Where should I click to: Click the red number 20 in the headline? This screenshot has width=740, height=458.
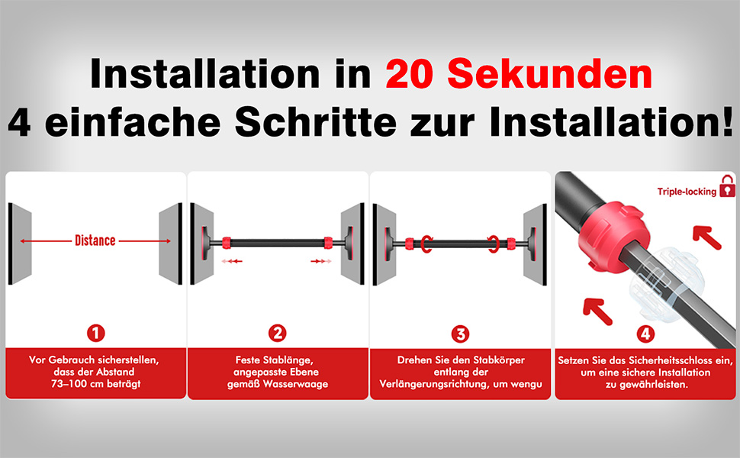(x=409, y=74)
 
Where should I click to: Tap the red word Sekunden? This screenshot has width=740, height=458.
(x=550, y=74)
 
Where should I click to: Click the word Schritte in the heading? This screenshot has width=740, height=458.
(x=316, y=121)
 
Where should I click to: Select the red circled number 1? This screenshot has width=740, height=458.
(x=96, y=334)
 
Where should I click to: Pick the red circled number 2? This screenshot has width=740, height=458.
(x=278, y=334)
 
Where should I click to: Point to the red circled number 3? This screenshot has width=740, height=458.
(x=460, y=334)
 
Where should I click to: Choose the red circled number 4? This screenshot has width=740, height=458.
(x=645, y=334)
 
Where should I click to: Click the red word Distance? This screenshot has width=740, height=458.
(x=95, y=240)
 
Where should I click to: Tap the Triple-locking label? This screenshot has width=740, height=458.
(x=687, y=192)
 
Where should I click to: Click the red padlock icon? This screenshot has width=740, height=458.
(x=727, y=186)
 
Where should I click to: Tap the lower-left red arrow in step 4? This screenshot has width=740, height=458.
(x=597, y=311)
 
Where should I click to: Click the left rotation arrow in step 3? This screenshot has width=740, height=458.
(x=426, y=244)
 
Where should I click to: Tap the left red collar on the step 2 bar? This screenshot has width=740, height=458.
(x=227, y=243)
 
